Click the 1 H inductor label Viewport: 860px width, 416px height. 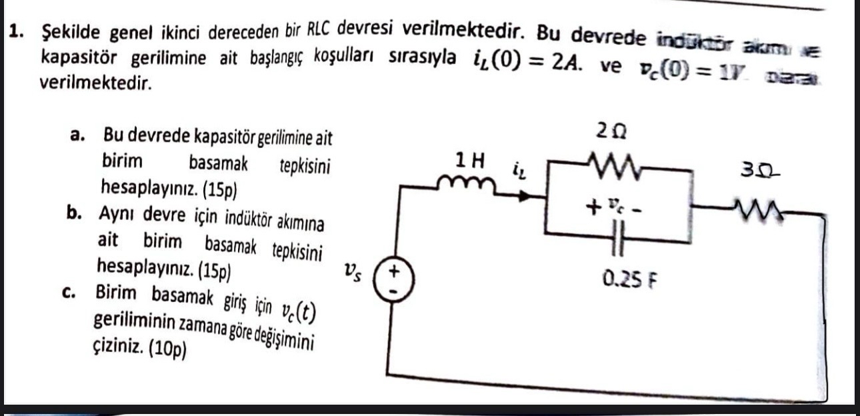click(469, 160)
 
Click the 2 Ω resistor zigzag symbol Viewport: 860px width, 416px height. click(613, 164)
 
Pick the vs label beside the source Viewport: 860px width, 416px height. click(353, 271)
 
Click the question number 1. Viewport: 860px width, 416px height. click(18, 31)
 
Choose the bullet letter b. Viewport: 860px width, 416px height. click(75, 215)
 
